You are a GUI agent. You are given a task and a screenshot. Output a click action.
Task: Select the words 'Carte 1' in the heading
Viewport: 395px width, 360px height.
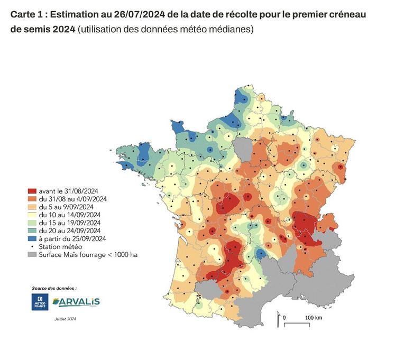point(27,13)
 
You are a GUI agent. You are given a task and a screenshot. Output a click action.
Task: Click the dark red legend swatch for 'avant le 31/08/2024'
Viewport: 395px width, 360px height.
point(32,191)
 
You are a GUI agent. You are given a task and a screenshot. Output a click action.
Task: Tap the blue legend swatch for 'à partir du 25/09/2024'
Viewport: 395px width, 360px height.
point(32,238)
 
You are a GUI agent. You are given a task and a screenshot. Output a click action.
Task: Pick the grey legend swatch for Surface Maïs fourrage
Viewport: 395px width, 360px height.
point(32,254)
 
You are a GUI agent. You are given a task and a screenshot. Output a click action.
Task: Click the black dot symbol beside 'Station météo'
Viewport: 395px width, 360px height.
point(32,246)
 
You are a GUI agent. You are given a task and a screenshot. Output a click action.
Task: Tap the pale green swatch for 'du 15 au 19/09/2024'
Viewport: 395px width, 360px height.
point(32,223)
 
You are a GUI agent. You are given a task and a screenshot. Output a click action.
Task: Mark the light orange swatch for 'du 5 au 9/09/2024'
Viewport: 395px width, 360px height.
point(32,207)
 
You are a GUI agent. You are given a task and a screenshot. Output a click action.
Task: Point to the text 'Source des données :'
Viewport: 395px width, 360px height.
point(54,288)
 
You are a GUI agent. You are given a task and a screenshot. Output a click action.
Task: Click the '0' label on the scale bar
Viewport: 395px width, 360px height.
point(285,318)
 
